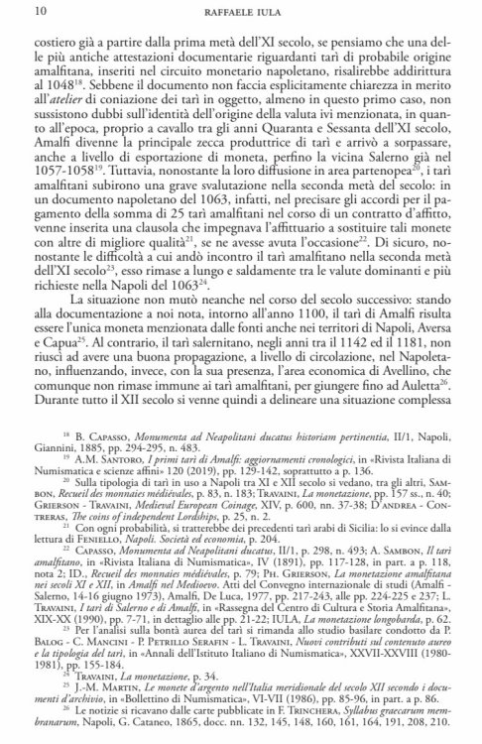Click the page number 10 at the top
[x=13, y=12]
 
